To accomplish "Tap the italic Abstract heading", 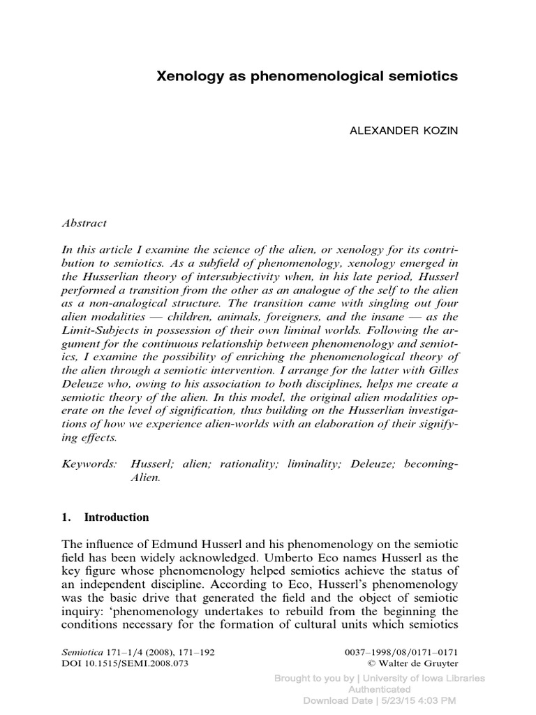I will [x=84, y=223].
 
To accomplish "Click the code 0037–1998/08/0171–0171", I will [x=403, y=652].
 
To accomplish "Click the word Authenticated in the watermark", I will [x=379, y=689].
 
